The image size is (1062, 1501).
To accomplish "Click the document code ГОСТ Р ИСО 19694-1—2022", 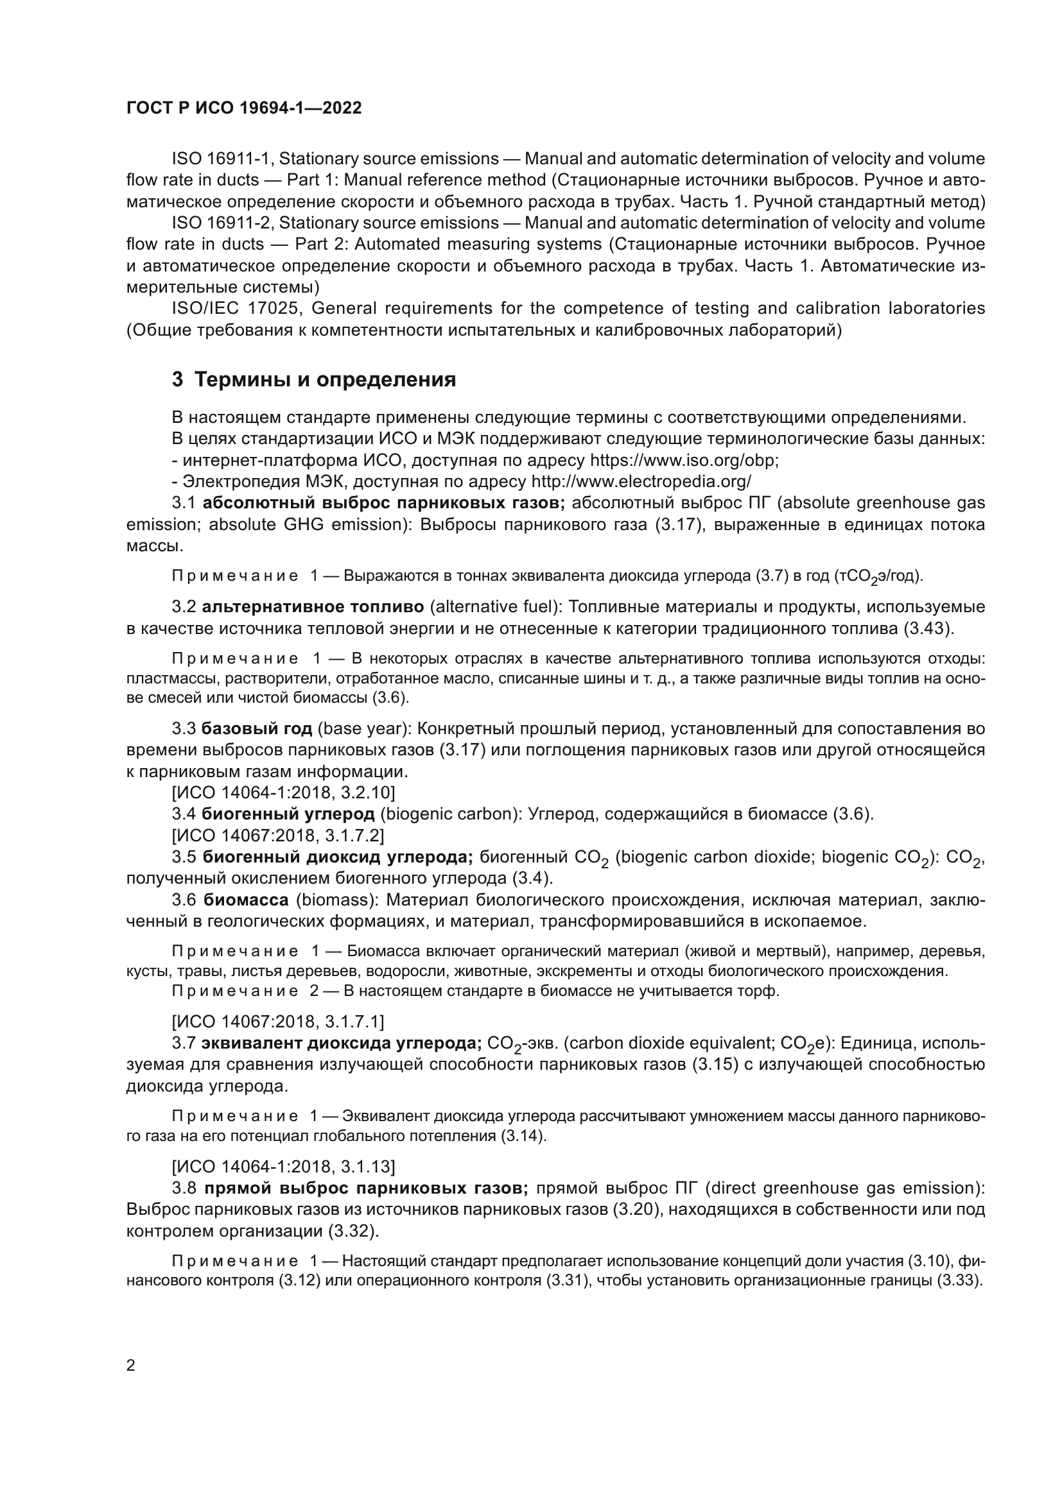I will [244, 108].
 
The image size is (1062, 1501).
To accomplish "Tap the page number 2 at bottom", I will [131, 1365].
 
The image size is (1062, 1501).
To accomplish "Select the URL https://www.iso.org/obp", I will [684, 460].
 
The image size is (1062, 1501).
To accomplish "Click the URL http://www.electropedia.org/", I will [641, 482].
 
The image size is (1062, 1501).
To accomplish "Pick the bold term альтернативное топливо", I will [313, 606].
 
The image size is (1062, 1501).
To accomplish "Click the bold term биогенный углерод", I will [288, 814].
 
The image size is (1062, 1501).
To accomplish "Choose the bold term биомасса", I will [245, 900].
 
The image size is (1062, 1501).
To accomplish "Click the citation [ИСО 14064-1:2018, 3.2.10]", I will [283, 793].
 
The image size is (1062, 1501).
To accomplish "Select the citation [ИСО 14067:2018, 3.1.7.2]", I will [278, 836].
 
